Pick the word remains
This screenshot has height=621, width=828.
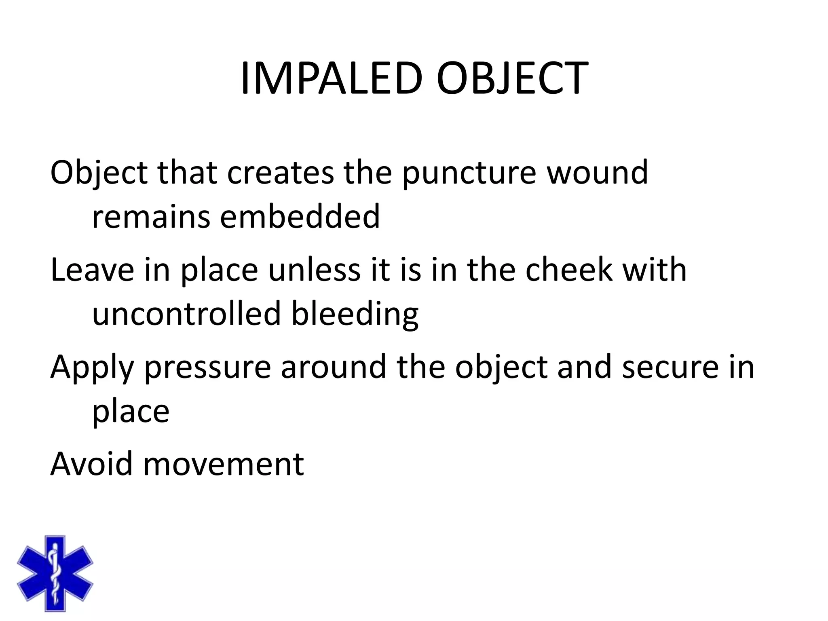coord(151,217)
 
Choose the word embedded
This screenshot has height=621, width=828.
coord(300,217)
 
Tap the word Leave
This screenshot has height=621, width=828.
coord(92,270)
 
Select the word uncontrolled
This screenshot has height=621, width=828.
coord(186,314)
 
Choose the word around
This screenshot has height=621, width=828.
coord(334,367)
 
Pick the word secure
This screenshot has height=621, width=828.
coord(670,367)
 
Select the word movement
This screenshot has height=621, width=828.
coord(223,464)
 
